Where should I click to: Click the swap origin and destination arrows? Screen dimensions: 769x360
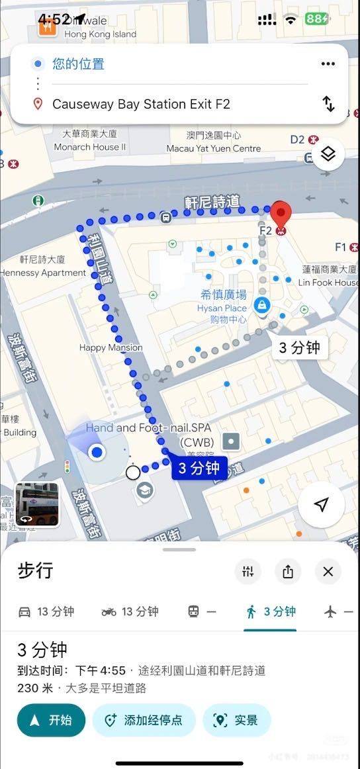328,104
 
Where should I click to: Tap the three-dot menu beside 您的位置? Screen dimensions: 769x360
328,64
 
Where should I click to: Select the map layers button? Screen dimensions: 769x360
328,155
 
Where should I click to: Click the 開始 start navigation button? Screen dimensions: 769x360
51,720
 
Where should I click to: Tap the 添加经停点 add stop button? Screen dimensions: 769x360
144,720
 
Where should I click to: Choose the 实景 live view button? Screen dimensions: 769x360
236,720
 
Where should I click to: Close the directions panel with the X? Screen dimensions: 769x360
328,572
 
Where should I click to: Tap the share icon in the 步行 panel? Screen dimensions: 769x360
288,572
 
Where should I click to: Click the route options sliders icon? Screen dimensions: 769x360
248,572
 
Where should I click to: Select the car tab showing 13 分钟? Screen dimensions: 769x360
46,611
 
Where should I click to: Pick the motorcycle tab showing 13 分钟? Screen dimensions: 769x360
130,611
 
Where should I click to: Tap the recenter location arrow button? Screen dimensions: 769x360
322,506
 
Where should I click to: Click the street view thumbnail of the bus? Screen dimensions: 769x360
37,504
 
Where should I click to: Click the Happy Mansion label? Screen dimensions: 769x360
111,347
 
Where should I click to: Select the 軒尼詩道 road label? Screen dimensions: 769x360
212,202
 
